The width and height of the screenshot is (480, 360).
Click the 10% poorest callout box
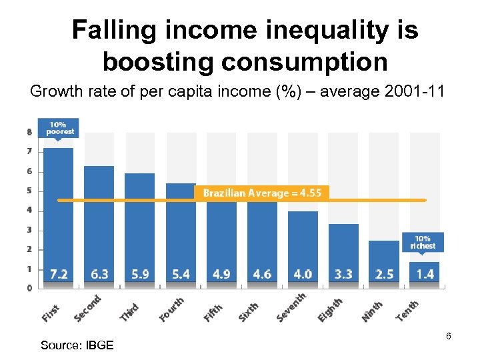click(x=59, y=128)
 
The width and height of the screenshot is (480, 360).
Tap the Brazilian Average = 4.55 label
click(x=262, y=193)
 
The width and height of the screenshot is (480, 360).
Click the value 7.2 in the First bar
click(x=59, y=274)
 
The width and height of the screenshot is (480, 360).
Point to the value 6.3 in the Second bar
click(x=99, y=274)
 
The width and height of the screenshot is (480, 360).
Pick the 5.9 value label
click(x=140, y=274)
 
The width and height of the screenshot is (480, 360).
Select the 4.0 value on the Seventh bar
click(x=303, y=274)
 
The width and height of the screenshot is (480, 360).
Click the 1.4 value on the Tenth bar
click(x=425, y=274)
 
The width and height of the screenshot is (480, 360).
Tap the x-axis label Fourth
click(x=172, y=309)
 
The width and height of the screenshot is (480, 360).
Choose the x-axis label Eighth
click(x=330, y=310)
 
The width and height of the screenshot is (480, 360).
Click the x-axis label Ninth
click(x=372, y=311)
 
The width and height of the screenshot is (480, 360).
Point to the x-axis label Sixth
click(x=248, y=311)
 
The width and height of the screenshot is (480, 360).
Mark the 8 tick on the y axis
click(x=29, y=132)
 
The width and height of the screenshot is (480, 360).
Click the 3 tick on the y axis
click(x=29, y=230)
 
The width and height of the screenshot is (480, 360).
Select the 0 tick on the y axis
click(x=29, y=288)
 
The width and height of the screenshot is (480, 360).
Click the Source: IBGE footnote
click(x=77, y=345)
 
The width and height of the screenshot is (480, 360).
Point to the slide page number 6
click(x=449, y=336)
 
